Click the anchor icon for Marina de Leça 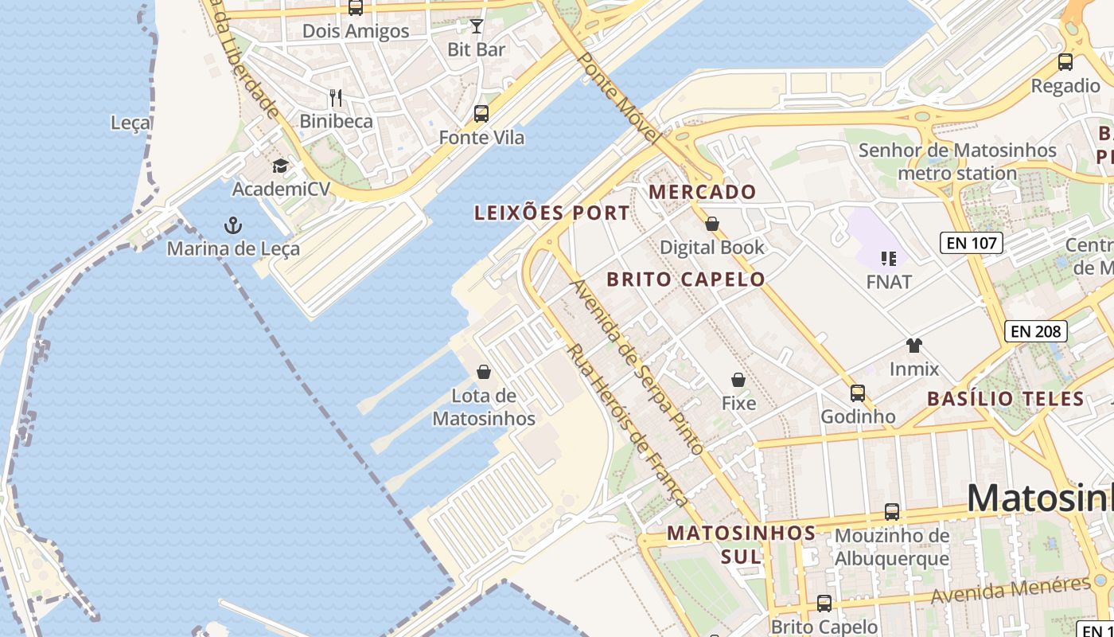(232, 225)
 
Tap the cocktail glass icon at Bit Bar (477, 26)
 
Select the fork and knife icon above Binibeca (336, 98)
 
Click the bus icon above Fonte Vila (481, 114)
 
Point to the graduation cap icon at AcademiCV (280, 166)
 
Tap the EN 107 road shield (971, 243)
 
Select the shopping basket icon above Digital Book (712, 225)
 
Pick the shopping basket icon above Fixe (738, 380)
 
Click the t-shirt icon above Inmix (913, 346)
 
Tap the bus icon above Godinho (857, 393)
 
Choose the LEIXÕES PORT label (551, 213)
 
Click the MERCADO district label (702, 192)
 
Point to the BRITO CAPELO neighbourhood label (686, 279)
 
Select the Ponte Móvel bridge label (618, 97)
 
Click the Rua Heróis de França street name (625, 425)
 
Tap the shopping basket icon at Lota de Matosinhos (483, 372)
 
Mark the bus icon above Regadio (1065, 62)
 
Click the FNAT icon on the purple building (889, 258)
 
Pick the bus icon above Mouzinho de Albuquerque (892, 512)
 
